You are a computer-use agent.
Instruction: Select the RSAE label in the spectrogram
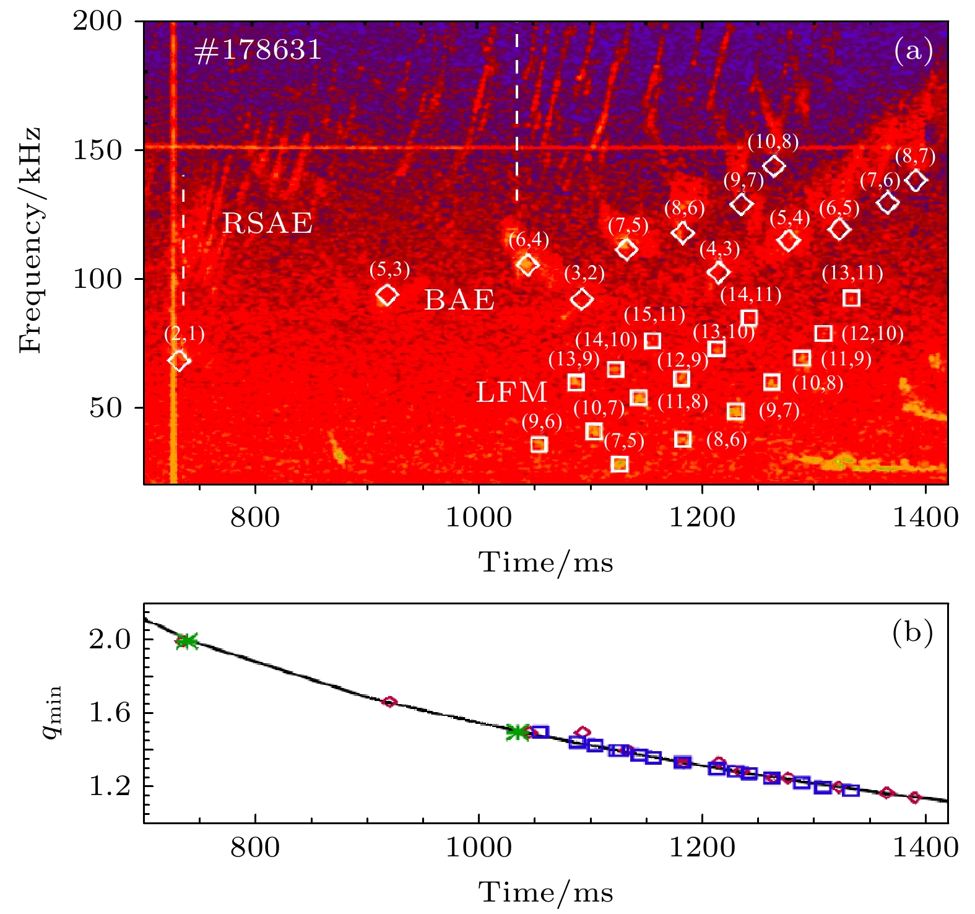click(x=267, y=224)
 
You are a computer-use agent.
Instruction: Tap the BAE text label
click(x=459, y=301)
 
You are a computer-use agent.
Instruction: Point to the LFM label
click(x=511, y=393)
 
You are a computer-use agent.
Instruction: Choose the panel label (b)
click(x=912, y=633)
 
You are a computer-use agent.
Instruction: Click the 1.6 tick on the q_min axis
click(x=110, y=713)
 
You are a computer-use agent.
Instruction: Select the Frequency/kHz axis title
click(x=30, y=240)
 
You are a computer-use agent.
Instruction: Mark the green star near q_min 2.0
click(x=186, y=641)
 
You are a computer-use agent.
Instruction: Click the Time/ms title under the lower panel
click(x=545, y=892)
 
